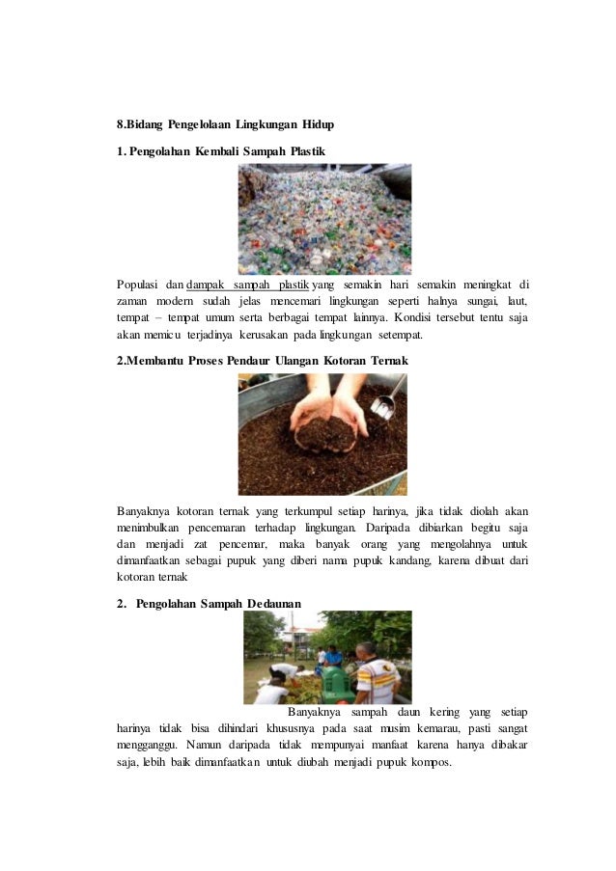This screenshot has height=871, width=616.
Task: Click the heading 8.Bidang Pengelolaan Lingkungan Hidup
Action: pos(225,124)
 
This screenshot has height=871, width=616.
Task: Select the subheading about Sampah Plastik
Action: pos(221,151)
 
